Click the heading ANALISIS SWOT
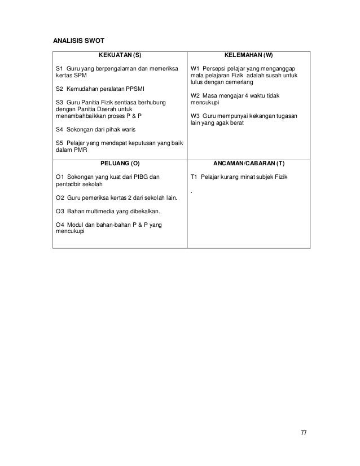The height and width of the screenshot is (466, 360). point(76,41)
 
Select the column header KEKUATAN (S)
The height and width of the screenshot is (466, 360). point(120,56)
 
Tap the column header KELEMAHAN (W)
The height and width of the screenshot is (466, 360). point(249,56)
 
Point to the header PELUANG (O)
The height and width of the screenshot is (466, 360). point(120,163)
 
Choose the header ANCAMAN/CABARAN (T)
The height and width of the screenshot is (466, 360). point(249,163)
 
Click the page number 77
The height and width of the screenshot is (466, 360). point(304,432)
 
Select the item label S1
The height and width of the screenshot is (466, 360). point(59,69)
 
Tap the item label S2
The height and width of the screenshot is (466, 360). point(59,89)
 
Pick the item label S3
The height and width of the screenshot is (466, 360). point(59,103)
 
